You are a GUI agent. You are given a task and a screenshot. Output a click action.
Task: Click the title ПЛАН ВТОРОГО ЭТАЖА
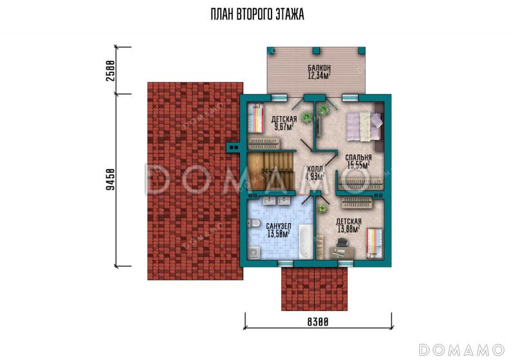257,14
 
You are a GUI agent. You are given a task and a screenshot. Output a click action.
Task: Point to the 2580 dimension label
111,70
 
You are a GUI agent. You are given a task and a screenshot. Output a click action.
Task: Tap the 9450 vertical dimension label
111,179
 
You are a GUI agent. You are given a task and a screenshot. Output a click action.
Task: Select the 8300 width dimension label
317,321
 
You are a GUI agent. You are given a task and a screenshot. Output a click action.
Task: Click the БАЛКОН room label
319,68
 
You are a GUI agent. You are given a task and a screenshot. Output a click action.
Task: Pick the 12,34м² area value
319,75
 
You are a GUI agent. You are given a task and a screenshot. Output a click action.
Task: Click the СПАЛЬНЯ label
359,157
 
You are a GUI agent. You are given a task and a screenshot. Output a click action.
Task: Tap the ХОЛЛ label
313,169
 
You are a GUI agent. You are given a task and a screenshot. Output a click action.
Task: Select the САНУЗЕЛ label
279,226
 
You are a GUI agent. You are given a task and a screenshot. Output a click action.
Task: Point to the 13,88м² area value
348,229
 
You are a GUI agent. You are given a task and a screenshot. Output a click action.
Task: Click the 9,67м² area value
283,126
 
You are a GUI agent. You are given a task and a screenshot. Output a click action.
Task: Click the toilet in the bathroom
253,224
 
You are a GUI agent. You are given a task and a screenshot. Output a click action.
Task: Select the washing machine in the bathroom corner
254,253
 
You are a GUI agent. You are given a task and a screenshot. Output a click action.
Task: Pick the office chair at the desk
342,243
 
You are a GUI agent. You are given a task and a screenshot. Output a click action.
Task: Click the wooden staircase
271,171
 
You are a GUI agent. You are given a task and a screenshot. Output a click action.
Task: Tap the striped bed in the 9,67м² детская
255,118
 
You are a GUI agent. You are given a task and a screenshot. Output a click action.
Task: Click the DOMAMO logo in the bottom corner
461,350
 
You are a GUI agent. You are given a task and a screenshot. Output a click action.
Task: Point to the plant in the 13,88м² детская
322,208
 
